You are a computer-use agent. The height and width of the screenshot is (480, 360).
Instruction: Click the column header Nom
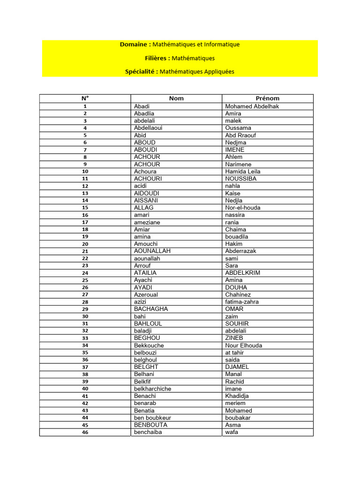click(x=176, y=98)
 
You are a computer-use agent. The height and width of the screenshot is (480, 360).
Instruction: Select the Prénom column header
click(x=267, y=98)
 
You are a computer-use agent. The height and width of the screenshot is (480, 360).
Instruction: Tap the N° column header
click(x=85, y=98)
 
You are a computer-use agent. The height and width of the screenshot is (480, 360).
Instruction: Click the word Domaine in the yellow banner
click(x=135, y=45)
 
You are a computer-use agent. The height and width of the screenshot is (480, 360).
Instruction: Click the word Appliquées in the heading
click(x=215, y=72)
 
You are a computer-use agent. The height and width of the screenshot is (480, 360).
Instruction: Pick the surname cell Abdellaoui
click(x=148, y=128)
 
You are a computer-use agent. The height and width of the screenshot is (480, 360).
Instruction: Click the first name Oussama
click(x=238, y=128)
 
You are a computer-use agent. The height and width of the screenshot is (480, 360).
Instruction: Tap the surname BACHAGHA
click(x=151, y=309)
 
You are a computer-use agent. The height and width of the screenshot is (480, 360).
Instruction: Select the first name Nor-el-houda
click(x=243, y=208)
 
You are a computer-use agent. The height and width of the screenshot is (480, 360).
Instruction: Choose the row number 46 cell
click(x=85, y=433)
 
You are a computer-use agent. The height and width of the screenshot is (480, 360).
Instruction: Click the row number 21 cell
click(x=85, y=251)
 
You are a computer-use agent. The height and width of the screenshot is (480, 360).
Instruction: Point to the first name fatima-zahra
click(x=242, y=302)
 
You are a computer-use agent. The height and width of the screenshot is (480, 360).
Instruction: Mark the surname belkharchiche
click(x=153, y=389)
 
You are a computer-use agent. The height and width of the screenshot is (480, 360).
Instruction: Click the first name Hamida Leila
click(x=243, y=172)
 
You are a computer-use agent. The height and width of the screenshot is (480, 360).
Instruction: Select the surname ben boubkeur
click(x=152, y=418)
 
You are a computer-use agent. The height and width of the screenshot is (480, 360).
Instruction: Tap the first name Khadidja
click(x=237, y=396)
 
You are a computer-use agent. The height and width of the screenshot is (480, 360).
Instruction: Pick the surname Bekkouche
click(x=149, y=345)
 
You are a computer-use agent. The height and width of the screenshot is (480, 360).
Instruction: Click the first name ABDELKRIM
click(x=243, y=273)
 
